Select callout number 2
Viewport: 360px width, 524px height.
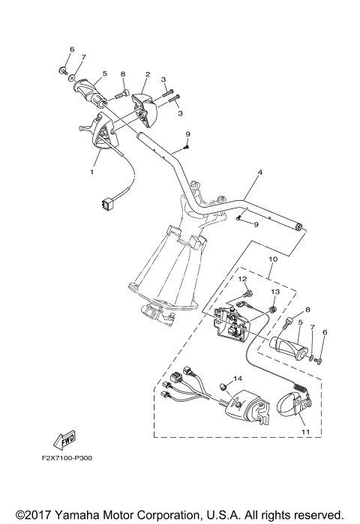(x=148, y=75)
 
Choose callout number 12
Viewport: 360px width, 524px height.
(x=243, y=279)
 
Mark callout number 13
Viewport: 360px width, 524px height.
(x=274, y=291)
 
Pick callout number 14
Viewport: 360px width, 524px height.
(x=238, y=379)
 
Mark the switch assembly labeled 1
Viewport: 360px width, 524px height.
(x=98, y=131)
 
